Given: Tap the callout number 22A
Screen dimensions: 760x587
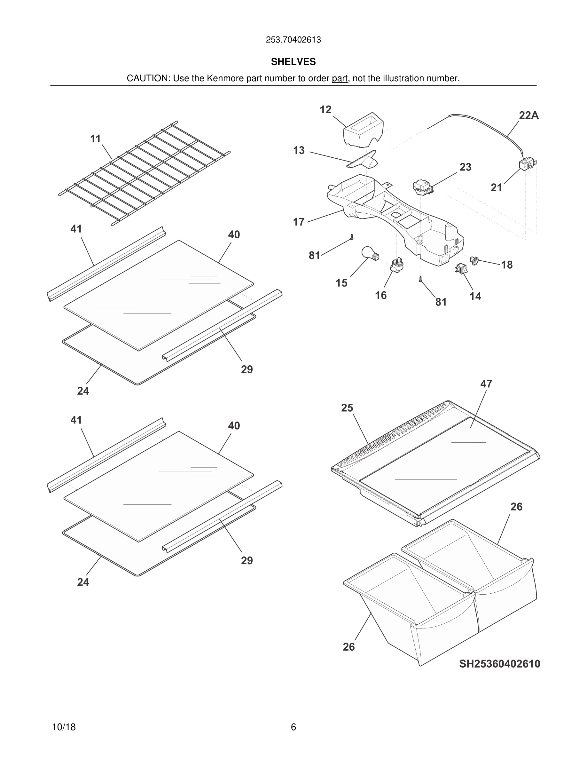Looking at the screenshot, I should coord(528,115).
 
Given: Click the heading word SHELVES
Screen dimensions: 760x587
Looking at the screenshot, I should coord(293,62).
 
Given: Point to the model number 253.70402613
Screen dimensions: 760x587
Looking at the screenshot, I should coord(293,40).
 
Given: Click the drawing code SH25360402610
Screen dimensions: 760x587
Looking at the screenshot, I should coord(499,664).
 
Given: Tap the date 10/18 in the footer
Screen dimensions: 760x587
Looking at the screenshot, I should coord(64,727).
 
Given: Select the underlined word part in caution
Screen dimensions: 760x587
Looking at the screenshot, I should coord(340,79).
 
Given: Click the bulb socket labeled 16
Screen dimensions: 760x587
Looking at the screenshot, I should coord(397,266).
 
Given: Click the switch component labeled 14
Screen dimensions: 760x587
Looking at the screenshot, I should coord(461,268).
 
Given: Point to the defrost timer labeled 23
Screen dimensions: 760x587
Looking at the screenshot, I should coord(422,187).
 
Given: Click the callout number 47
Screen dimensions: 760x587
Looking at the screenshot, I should coord(486,384).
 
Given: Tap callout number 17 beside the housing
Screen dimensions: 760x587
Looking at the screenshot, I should coord(298,222).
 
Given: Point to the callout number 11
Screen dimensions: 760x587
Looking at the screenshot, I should coord(95,139).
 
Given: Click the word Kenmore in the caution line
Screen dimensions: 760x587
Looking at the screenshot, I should coord(225,79).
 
